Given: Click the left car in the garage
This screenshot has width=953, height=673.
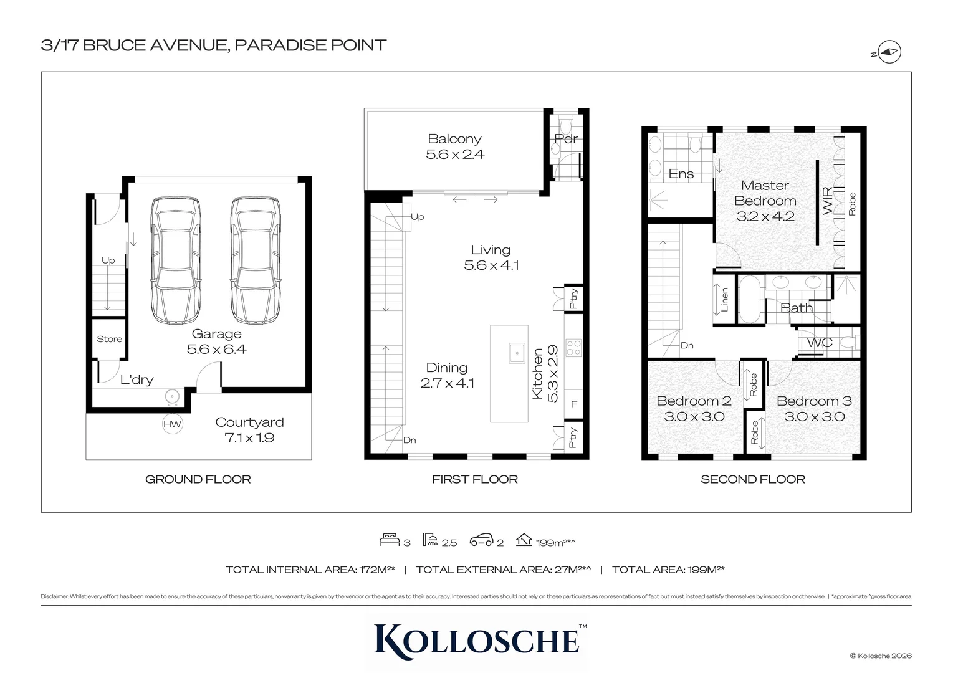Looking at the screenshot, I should click(x=176, y=262).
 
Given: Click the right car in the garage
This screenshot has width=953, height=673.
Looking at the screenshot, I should click(x=254, y=262).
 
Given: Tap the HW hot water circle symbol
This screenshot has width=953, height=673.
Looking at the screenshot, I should click(x=172, y=424).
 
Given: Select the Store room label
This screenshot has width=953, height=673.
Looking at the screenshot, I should click(x=109, y=339).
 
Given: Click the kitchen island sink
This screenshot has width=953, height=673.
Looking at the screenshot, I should click(x=517, y=353).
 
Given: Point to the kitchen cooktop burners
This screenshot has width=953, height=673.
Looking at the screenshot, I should click(x=573, y=347).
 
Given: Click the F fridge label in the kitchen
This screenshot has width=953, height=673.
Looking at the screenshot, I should click(x=573, y=404).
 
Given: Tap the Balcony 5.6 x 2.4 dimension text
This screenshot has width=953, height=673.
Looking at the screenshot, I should click(x=455, y=155).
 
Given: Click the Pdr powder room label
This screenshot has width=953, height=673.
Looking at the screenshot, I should click(x=566, y=139).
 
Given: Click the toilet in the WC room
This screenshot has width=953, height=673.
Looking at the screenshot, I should click(x=846, y=343).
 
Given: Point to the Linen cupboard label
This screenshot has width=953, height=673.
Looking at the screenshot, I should click(x=724, y=300).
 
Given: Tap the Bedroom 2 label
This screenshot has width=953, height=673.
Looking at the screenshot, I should click(x=694, y=401).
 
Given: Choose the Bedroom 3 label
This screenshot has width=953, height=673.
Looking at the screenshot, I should click(x=814, y=401).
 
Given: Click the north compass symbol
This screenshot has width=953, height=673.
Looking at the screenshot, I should click(x=891, y=53).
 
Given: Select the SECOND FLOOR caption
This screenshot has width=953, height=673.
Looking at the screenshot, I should click(x=752, y=479).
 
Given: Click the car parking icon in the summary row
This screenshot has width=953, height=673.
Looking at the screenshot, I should click(x=481, y=540).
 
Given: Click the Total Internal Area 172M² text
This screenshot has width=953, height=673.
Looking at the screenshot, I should click(x=310, y=570).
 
